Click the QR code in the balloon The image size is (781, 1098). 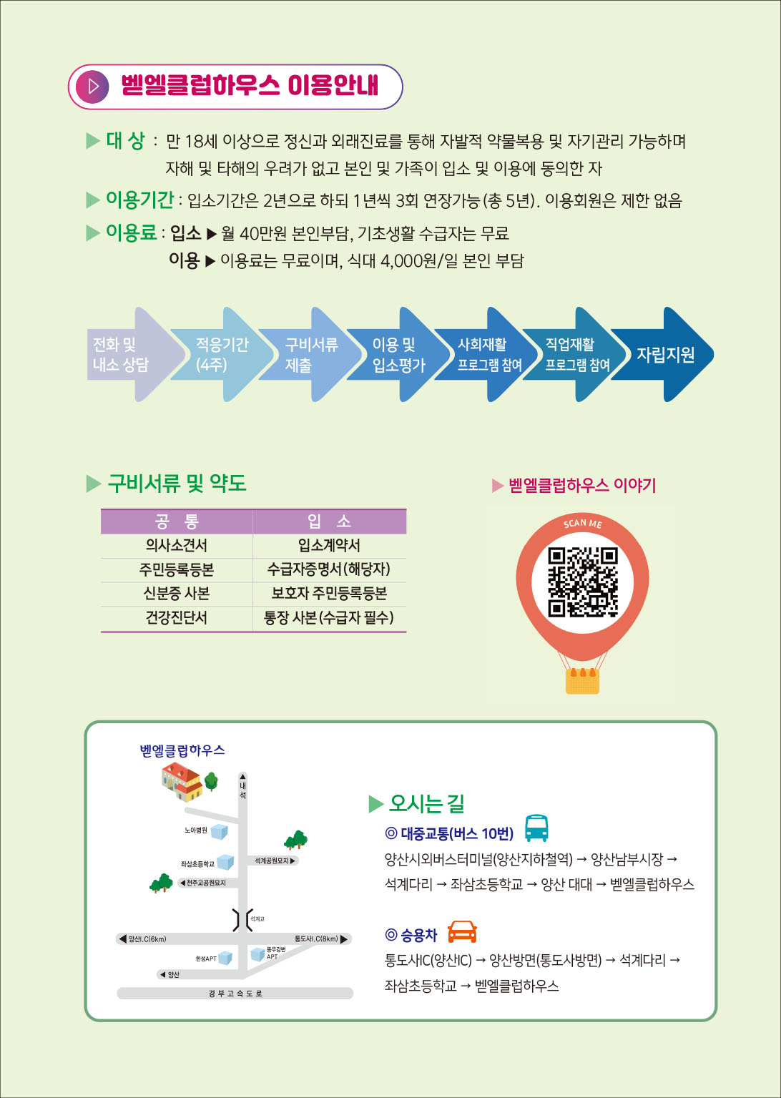tap(582, 582)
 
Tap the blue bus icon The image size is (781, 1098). tap(536, 828)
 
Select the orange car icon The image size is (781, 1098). tap(462, 931)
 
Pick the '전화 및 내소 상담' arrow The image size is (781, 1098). tap(126, 355)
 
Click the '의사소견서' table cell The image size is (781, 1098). tap(176, 546)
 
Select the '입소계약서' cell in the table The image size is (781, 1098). tap(329, 546)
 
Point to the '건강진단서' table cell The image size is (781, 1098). tap(176, 617)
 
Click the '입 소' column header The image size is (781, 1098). tap(329, 521)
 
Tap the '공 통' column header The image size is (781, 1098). tap(176, 521)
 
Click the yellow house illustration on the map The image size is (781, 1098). tap(182, 781)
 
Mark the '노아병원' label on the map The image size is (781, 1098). tap(195, 830)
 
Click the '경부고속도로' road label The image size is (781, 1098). tap(235, 994)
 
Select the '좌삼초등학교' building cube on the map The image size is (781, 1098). tap(225, 862)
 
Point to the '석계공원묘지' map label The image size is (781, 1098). tap(272, 861)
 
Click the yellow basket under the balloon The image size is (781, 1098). tap(582, 681)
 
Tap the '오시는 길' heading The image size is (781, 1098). tap(426, 803)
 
